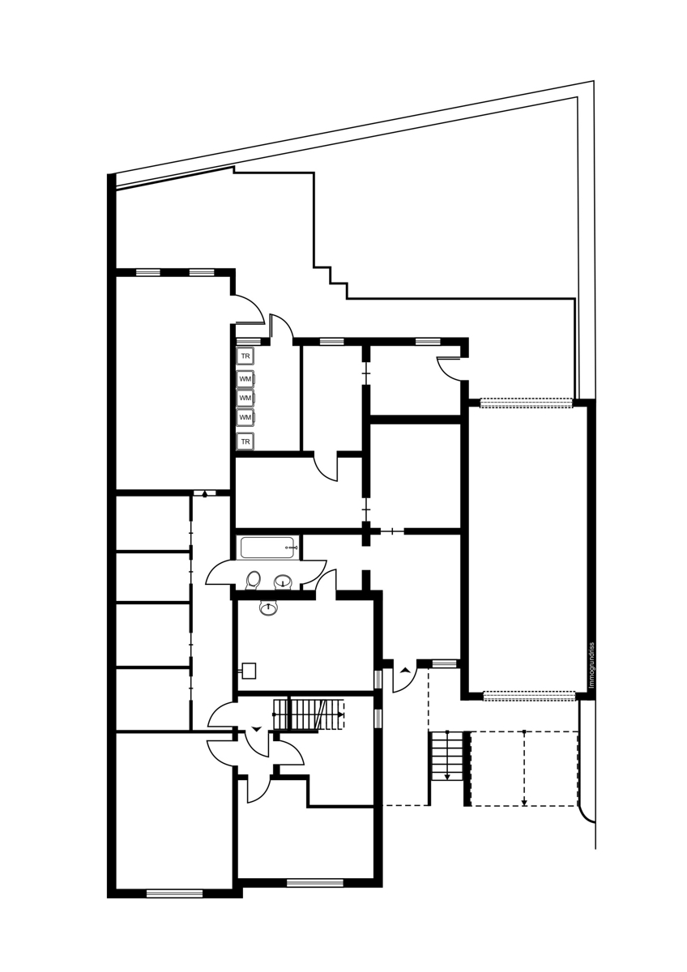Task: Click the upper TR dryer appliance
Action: (245, 356)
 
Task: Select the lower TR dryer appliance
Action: (245, 441)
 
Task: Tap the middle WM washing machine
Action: (246, 398)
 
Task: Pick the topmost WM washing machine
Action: (246, 379)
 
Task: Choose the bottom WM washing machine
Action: (246, 417)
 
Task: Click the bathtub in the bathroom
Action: (269, 548)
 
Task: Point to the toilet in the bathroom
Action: (253, 581)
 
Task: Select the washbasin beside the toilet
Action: (284, 582)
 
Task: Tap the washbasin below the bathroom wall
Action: (269, 607)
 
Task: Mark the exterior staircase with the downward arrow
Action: (446, 756)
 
